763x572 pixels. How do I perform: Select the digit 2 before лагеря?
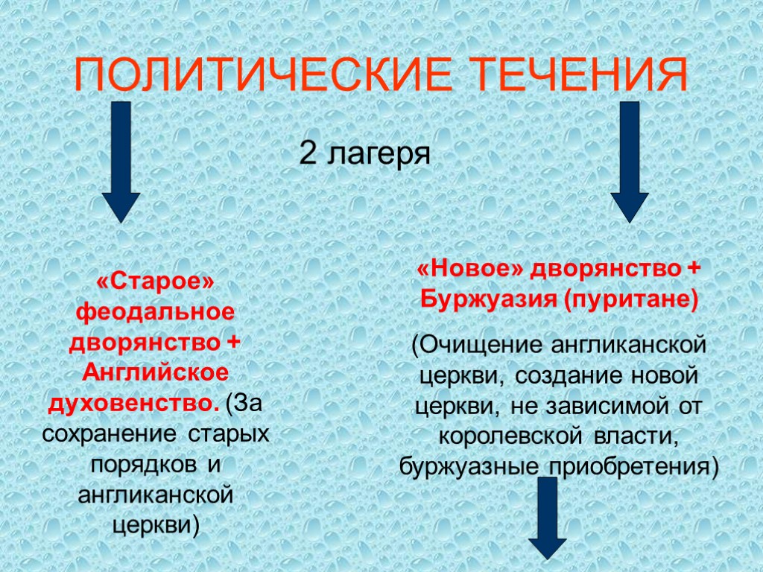pos(308,154)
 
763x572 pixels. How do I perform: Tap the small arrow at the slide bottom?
pos(548,518)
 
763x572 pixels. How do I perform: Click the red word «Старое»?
pos(155,282)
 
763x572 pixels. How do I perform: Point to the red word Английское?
pos(155,372)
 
